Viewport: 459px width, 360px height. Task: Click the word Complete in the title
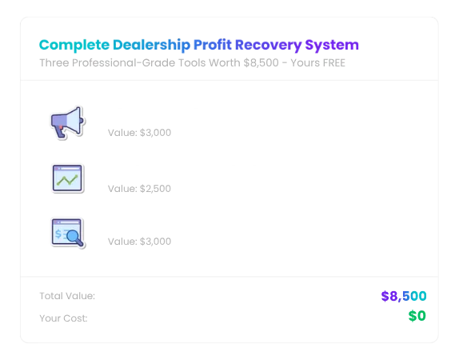tap(74, 45)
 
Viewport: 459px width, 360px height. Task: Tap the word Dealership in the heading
tap(152, 45)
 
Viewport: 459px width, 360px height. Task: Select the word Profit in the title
tap(213, 45)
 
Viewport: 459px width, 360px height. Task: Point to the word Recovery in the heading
tap(269, 46)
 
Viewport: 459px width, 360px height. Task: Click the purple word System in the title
tap(332, 46)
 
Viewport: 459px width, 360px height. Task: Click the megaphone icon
tap(68, 122)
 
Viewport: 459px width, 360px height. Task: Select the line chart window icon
tap(68, 178)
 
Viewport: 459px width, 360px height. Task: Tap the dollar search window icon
tap(68, 234)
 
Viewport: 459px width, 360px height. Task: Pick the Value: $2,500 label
tap(139, 189)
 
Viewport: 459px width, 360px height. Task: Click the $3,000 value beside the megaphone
tap(155, 133)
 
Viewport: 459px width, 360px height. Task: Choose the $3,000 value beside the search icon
tap(155, 242)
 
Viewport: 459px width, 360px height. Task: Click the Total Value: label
tap(67, 296)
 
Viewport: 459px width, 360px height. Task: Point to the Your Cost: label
tap(63, 318)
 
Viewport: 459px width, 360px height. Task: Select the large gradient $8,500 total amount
tap(404, 296)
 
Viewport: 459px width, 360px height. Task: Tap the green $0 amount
tap(417, 316)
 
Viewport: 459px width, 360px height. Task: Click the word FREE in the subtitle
tap(334, 63)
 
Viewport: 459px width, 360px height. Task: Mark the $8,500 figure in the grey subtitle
tap(261, 63)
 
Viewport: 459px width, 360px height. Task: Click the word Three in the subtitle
tap(54, 63)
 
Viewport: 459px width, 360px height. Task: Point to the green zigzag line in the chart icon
tap(67, 180)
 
